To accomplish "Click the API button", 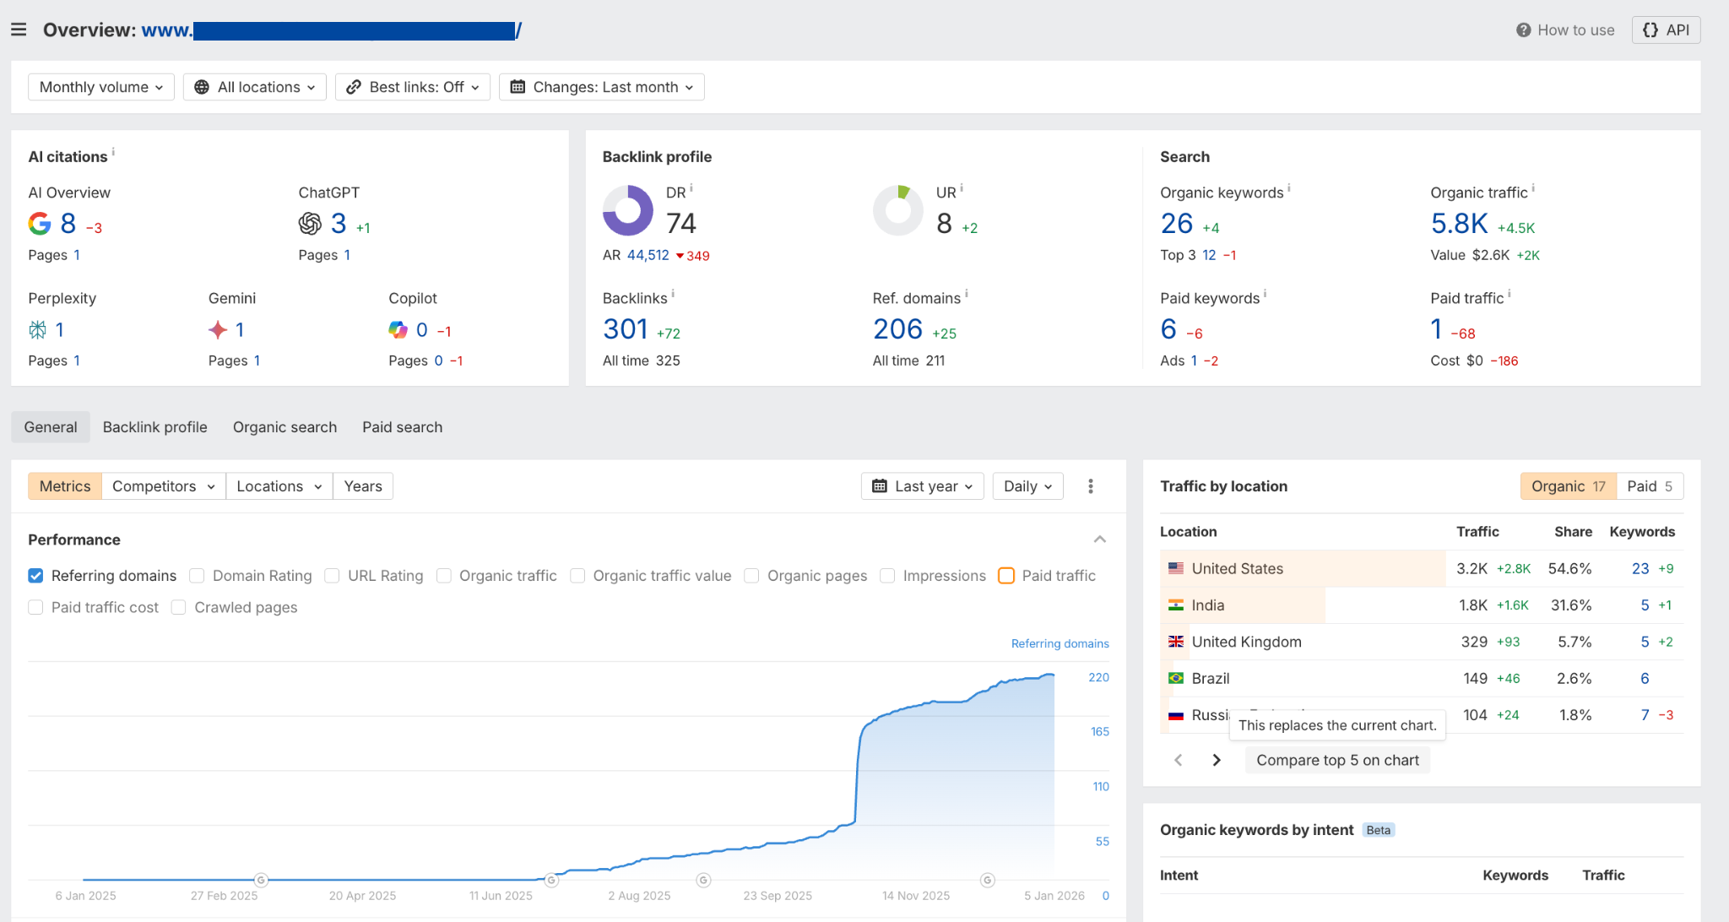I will [x=1666, y=30].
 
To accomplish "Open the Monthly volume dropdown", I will [x=101, y=87].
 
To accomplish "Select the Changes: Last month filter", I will [x=602, y=87].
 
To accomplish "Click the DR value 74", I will [x=680, y=224].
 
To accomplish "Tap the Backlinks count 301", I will [x=625, y=329].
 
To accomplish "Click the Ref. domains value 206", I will [x=897, y=329].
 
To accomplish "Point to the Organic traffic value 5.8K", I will [x=1459, y=224].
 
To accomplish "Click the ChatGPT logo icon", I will [x=310, y=224].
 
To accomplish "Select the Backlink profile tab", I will [x=154, y=427].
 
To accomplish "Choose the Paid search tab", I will [x=402, y=427].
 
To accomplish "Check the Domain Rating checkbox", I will [x=197, y=576].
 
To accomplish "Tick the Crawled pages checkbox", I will [x=178, y=608].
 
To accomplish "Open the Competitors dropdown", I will [x=163, y=486].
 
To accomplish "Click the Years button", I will [x=363, y=486].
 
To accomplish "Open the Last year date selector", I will [x=922, y=486].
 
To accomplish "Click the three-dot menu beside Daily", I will [x=1091, y=486].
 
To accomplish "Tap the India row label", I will [x=1207, y=605].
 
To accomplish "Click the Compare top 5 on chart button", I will [x=1337, y=760].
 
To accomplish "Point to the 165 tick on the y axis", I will [x=1099, y=732].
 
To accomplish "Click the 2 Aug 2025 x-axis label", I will [x=639, y=896].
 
